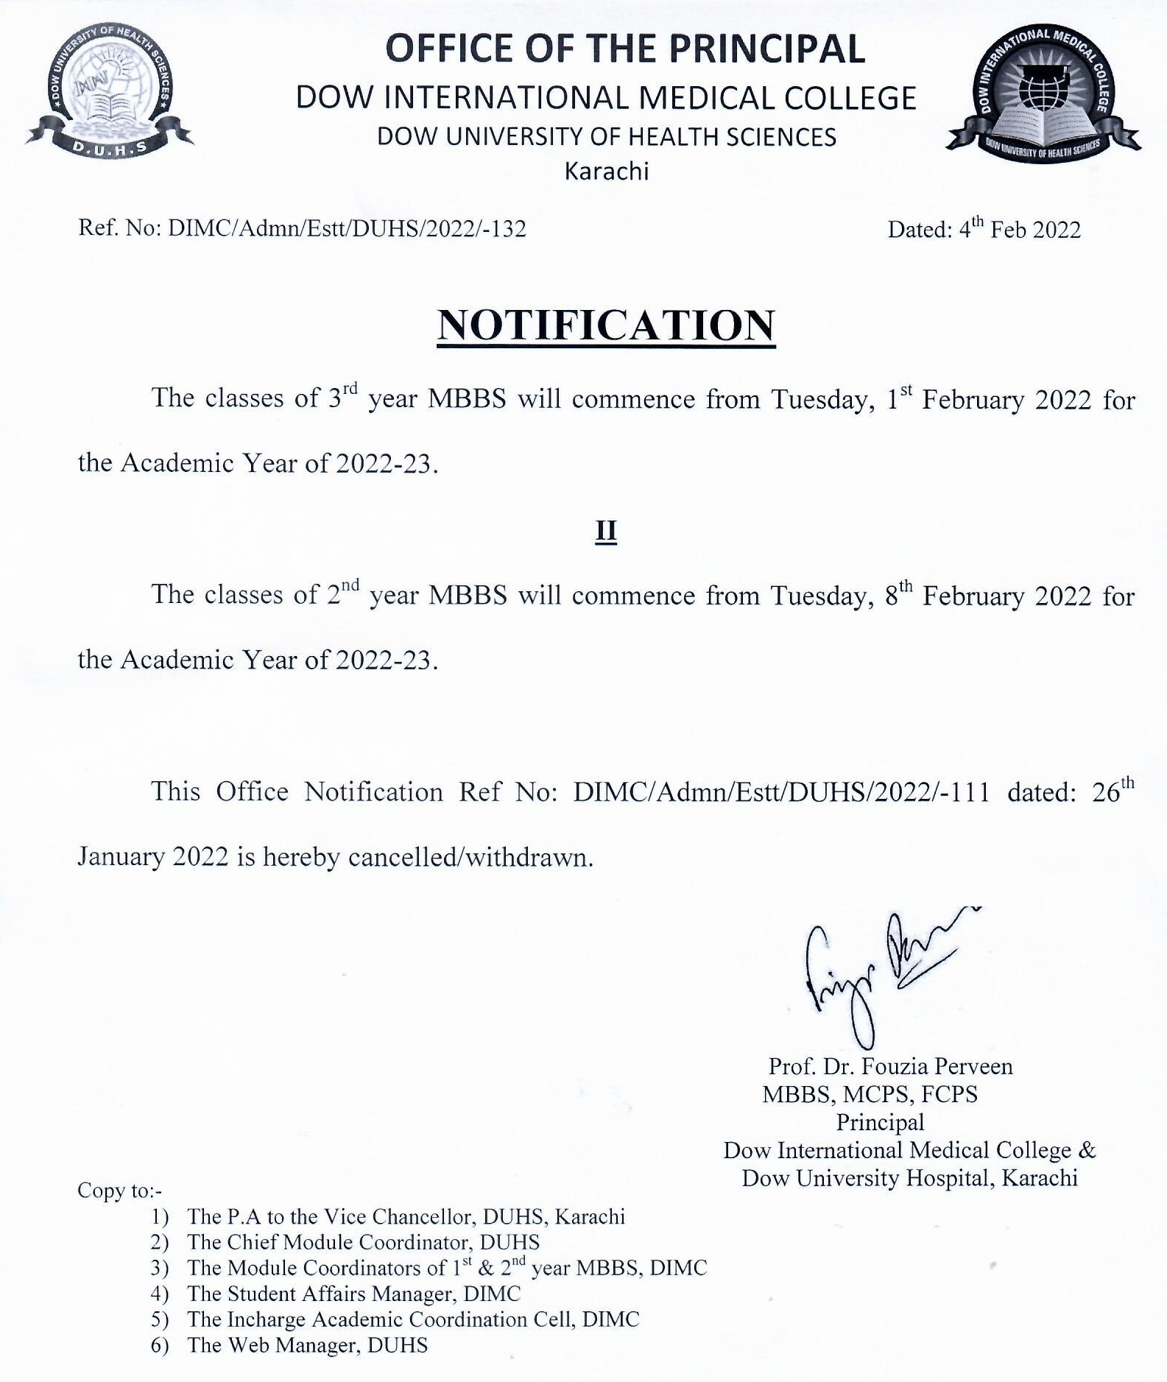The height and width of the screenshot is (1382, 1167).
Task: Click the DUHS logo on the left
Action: click(109, 92)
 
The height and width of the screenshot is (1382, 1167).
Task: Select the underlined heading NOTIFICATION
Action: click(606, 325)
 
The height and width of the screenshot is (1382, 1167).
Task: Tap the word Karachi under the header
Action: click(606, 172)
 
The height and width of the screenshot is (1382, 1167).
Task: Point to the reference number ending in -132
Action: click(347, 229)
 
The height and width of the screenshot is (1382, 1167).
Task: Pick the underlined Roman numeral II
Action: click(605, 531)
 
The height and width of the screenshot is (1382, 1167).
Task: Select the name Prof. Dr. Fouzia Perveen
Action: click(890, 1066)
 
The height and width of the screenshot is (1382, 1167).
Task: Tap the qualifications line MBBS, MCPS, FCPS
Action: click(870, 1094)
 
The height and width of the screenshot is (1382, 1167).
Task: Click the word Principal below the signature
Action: click(879, 1122)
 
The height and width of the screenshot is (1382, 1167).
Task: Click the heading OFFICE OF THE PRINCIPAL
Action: click(625, 50)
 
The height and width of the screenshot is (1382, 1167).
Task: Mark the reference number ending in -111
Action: click(781, 792)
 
